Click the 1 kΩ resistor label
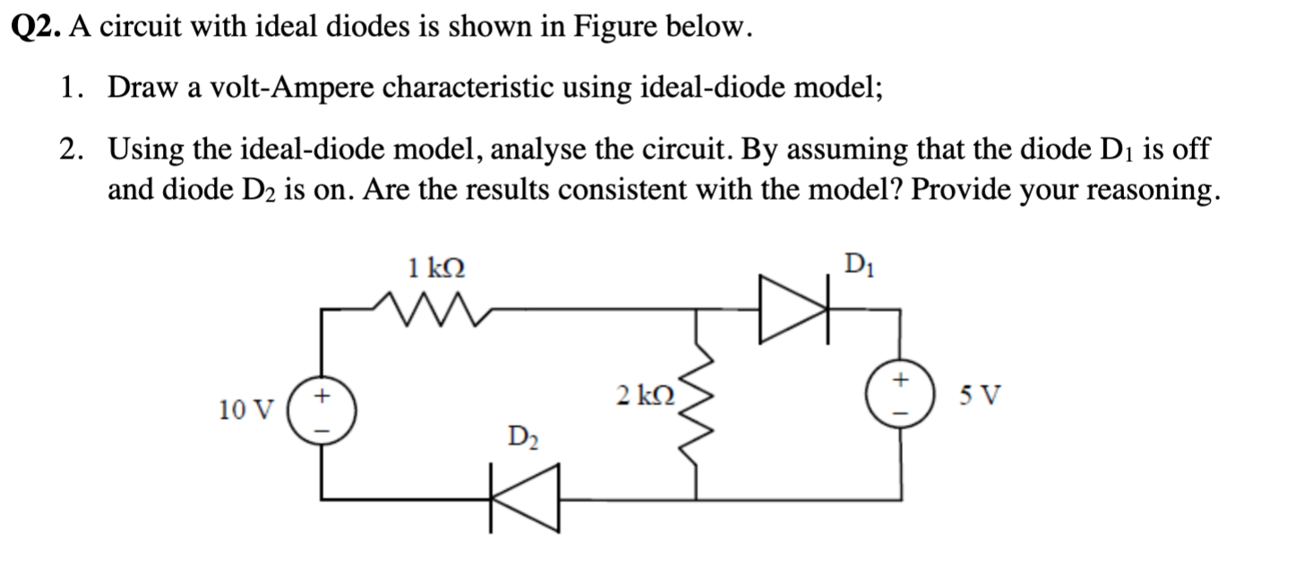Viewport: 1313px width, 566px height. (x=436, y=267)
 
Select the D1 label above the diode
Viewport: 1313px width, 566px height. (x=858, y=266)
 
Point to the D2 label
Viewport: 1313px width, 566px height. (x=522, y=438)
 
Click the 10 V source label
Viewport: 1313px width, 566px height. (x=245, y=410)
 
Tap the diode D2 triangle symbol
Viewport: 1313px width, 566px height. (x=525, y=498)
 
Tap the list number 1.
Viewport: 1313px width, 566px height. (x=69, y=88)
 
